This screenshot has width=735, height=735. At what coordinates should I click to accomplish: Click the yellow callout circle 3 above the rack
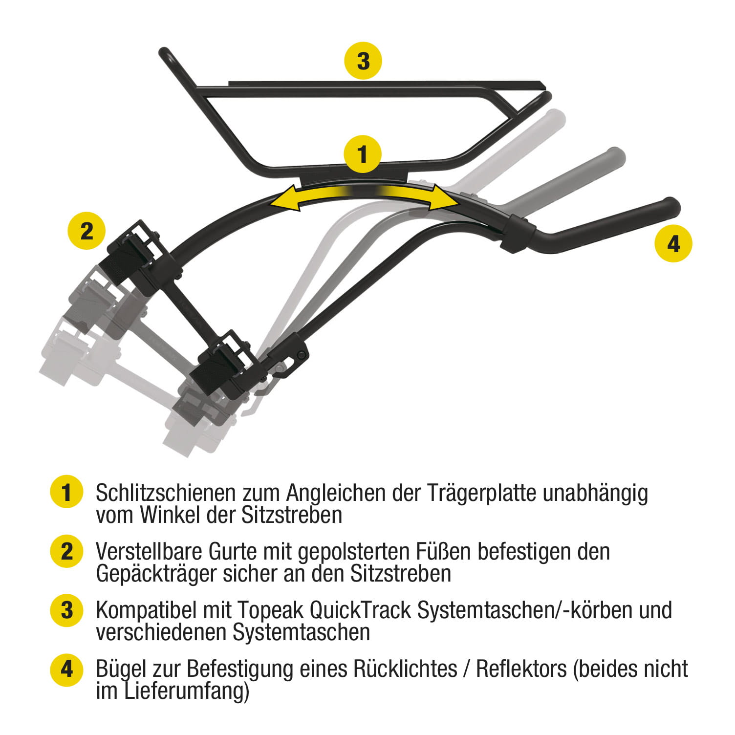pyautogui.click(x=363, y=61)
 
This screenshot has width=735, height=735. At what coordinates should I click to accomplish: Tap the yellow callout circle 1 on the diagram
pyautogui.click(x=362, y=154)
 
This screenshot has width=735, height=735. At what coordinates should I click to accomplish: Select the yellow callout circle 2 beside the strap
pyautogui.click(x=86, y=230)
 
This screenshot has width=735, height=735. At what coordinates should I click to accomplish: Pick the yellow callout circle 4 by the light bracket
pyautogui.click(x=673, y=243)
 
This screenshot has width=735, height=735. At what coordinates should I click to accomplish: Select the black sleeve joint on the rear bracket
pyautogui.click(x=519, y=233)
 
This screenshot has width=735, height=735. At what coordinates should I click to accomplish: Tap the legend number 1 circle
pyautogui.click(x=67, y=492)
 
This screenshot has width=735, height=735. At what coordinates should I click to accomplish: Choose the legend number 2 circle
pyautogui.click(x=67, y=551)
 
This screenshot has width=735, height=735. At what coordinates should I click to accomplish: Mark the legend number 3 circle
pyautogui.click(x=67, y=610)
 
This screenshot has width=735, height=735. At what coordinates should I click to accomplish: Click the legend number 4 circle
pyautogui.click(x=67, y=669)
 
